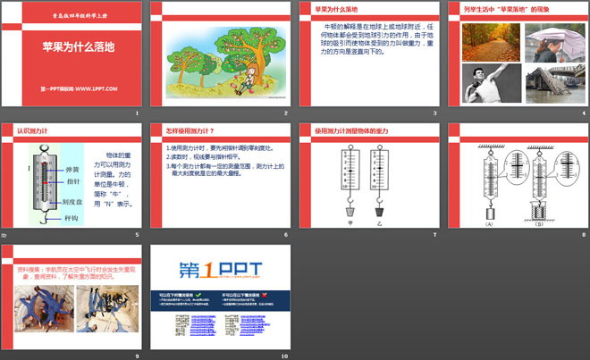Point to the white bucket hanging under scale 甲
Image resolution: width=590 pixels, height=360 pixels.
tap(350, 213)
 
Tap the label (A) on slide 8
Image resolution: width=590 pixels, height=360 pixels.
tap(489, 224)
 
